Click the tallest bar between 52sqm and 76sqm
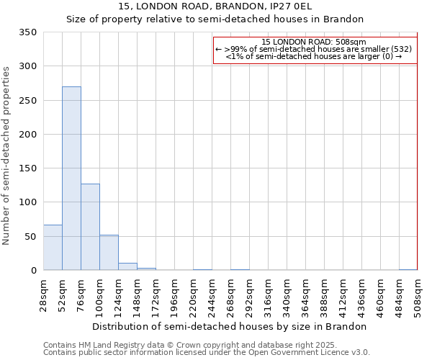coord(71,179)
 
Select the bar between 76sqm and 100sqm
coord(90,227)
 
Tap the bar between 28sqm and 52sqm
coord(53,248)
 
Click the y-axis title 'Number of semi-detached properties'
coord(6,155)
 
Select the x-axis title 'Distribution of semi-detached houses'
coord(230,326)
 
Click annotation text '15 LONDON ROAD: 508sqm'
coord(314,42)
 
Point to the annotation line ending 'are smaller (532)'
coord(314,49)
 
